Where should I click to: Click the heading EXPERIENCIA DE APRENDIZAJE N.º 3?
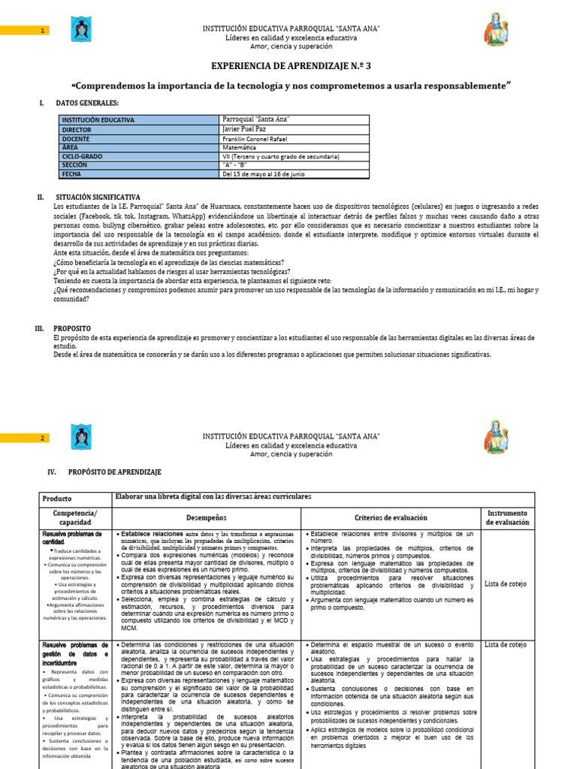[x=291, y=66]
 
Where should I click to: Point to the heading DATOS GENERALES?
[x=86, y=102]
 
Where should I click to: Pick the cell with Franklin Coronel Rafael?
[x=259, y=138]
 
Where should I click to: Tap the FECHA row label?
[x=72, y=174]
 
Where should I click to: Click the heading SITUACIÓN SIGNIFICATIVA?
[x=96, y=197]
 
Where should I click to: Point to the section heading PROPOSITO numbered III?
[x=72, y=329]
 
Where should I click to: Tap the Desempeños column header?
[x=206, y=517]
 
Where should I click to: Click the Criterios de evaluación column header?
[x=390, y=517]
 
